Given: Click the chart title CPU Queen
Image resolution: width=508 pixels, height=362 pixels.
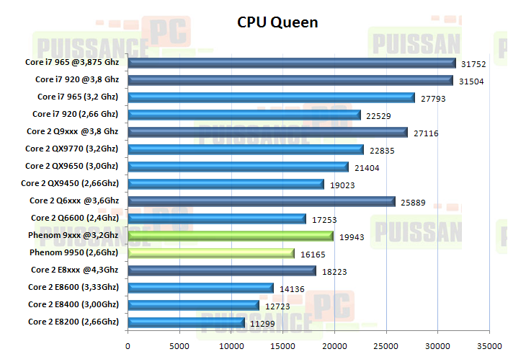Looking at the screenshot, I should [x=277, y=22].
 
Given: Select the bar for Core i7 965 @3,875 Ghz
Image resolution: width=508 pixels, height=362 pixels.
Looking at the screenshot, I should [x=292, y=63].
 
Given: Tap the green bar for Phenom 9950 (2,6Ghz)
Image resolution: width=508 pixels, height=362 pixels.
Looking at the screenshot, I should [x=211, y=253].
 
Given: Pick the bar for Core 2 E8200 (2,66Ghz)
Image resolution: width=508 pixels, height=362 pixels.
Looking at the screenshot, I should [x=187, y=322].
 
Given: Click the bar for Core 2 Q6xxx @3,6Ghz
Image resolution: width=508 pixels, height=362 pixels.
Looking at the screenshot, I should [x=262, y=201].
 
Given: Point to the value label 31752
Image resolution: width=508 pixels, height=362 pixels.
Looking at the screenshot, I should [x=476, y=63].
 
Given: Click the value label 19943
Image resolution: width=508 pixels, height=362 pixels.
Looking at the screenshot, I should [x=353, y=237].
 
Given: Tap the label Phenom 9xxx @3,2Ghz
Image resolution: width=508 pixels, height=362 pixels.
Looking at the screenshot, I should [x=74, y=235].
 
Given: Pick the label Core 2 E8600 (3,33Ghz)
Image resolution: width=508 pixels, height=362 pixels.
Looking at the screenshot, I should [x=73, y=287].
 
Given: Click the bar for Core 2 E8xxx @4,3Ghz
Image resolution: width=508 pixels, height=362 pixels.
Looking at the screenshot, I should [x=222, y=270].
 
